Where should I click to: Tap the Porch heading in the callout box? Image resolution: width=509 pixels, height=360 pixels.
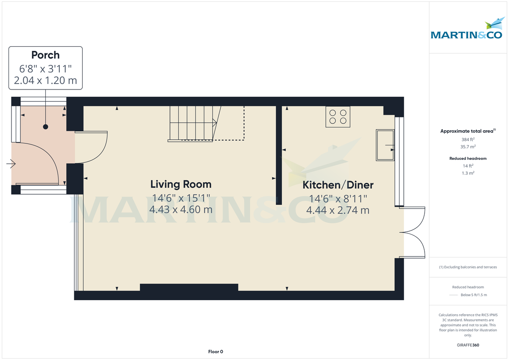[45, 55]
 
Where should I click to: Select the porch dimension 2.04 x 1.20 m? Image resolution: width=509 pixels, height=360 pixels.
[45, 81]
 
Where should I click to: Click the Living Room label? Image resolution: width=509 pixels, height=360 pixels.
[181, 184]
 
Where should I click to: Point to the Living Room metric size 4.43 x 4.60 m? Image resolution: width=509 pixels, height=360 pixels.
[181, 209]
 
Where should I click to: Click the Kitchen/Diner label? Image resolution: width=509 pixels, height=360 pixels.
[338, 185]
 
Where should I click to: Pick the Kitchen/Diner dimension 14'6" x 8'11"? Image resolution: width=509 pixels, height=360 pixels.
[338, 198]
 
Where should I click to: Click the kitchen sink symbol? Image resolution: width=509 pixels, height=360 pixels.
[384, 145]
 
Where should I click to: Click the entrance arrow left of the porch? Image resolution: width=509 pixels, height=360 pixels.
[11, 163]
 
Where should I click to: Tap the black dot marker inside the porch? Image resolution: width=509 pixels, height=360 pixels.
[45, 127]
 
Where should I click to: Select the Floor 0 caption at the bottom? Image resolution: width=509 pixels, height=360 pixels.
[215, 352]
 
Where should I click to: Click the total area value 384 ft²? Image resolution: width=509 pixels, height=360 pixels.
[468, 140]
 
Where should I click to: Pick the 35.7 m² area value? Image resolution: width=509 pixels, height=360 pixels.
[468, 147]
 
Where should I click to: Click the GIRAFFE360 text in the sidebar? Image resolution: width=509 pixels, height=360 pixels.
[468, 345]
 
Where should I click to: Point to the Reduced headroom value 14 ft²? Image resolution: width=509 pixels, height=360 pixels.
[468, 166]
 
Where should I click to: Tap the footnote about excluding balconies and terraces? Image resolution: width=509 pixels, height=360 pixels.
[468, 267]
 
